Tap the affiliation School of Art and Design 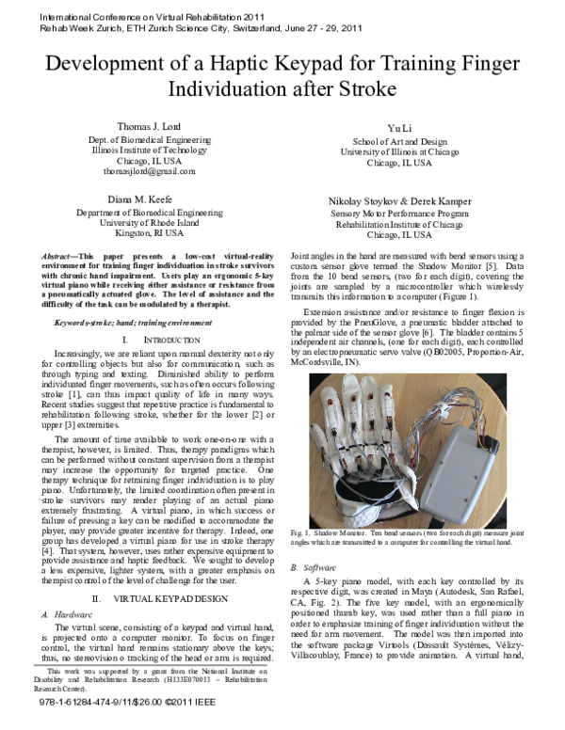click(396, 140)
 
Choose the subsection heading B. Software click(309, 567)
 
